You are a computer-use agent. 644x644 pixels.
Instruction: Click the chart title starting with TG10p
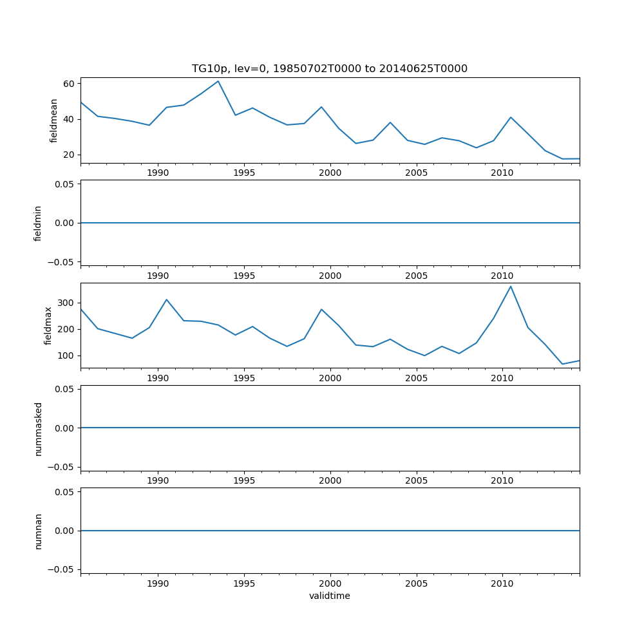pyautogui.click(x=330, y=69)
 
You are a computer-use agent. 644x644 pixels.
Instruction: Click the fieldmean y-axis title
pyautogui.click(x=54, y=120)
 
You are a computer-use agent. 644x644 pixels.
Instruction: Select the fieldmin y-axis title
pyautogui.click(x=38, y=223)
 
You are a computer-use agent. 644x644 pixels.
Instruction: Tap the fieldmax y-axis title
pyautogui.click(x=48, y=325)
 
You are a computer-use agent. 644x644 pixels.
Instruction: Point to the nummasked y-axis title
pyautogui.click(x=38, y=428)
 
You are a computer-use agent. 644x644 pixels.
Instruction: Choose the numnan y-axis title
pyautogui.click(x=38, y=531)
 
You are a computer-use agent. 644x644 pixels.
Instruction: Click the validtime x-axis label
pyautogui.click(x=330, y=596)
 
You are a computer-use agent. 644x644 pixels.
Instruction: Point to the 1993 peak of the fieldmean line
pyautogui.click(x=218, y=81)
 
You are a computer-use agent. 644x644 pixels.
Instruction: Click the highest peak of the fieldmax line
pyautogui.click(x=511, y=286)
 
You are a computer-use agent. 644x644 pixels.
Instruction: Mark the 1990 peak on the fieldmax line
pyautogui.click(x=166, y=299)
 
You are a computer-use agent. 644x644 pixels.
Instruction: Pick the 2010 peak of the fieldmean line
pyautogui.click(x=511, y=117)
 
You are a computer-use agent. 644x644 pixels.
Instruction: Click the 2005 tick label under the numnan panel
pyautogui.click(x=416, y=583)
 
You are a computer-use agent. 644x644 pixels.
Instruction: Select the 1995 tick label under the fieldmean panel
pyautogui.click(x=244, y=173)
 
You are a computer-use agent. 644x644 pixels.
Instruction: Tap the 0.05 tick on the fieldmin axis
pyautogui.click(x=65, y=184)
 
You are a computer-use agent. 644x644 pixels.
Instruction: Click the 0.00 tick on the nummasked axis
pyautogui.click(x=65, y=428)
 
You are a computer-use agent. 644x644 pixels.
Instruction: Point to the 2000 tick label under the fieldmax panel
pyautogui.click(x=330, y=378)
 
